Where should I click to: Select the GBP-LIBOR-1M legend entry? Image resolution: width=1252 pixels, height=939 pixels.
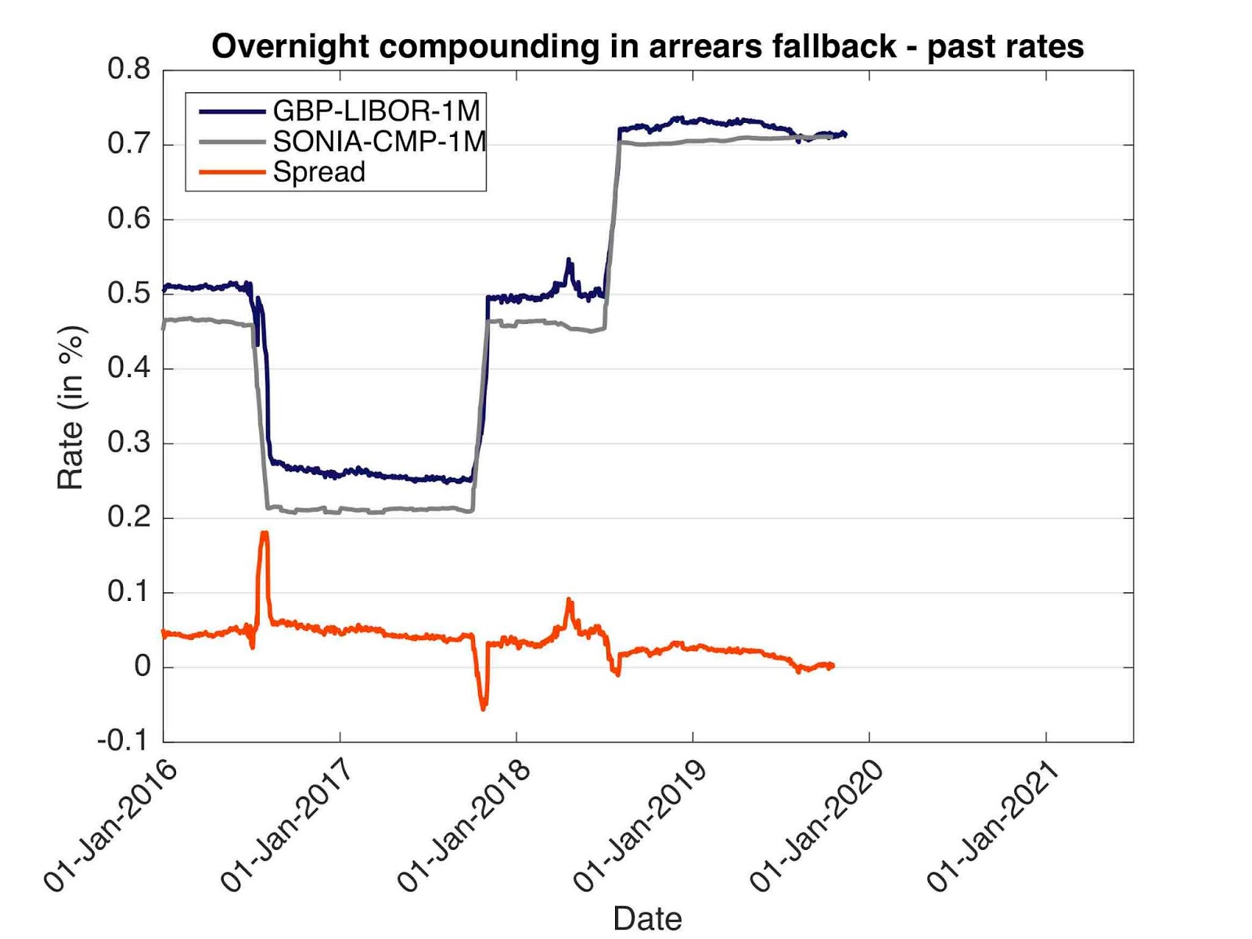pyautogui.click(x=376, y=110)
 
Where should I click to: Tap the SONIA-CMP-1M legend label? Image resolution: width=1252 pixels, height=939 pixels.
pyautogui.click(x=379, y=142)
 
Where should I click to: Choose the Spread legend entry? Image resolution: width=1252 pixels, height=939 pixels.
pyautogui.click(x=318, y=172)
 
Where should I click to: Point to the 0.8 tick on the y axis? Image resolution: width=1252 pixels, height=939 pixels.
pyautogui.click(x=129, y=70)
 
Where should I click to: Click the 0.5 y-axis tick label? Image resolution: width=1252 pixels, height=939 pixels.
pyautogui.click(x=129, y=294)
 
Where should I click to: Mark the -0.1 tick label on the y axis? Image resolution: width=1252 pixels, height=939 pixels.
pyautogui.click(x=123, y=740)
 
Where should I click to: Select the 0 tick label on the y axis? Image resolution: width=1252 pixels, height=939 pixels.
pyautogui.click(x=142, y=667)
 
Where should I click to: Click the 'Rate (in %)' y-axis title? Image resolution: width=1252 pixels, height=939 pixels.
pyautogui.click(x=70, y=407)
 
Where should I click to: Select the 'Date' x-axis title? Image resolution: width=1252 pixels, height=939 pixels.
pyautogui.click(x=647, y=918)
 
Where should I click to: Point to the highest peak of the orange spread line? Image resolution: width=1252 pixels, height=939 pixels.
pyautogui.click(x=264, y=533)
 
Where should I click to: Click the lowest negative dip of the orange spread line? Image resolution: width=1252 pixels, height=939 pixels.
pyautogui.click(x=484, y=708)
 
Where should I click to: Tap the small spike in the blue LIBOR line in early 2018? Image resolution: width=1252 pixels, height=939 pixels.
pyautogui.click(x=569, y=260)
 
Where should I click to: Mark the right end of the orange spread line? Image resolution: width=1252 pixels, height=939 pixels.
pyautogui.click(x=833, y=665)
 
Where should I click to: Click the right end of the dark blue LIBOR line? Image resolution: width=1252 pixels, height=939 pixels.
pyautogui.click(x=845, y=134)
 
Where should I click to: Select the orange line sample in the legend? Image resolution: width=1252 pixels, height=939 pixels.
pyautogui.click(x=232, y=172)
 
